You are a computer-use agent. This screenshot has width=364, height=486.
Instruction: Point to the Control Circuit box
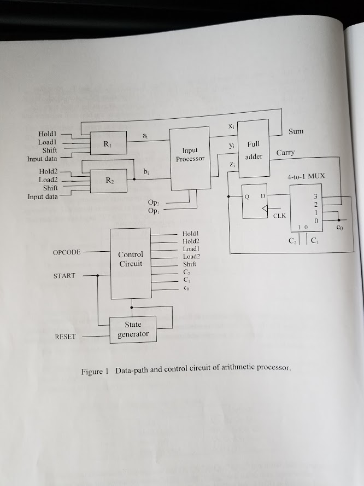[131, 263]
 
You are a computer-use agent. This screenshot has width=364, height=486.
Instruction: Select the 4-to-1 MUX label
[306, 177]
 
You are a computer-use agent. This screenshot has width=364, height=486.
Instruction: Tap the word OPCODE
[67, 252]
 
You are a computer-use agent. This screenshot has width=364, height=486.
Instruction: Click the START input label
[64, 275]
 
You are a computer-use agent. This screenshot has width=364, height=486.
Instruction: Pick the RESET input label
[65, 337]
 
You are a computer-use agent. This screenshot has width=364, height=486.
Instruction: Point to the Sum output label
[296, 131]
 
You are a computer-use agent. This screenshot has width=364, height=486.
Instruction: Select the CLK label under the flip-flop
[279, 216]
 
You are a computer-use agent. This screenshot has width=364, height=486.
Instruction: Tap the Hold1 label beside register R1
[48, 134]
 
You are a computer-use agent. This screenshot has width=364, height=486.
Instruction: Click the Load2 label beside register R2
[48, 180]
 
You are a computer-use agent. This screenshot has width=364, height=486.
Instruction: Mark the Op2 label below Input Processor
[153, 202]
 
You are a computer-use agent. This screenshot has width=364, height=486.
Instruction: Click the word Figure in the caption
[92, 372]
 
